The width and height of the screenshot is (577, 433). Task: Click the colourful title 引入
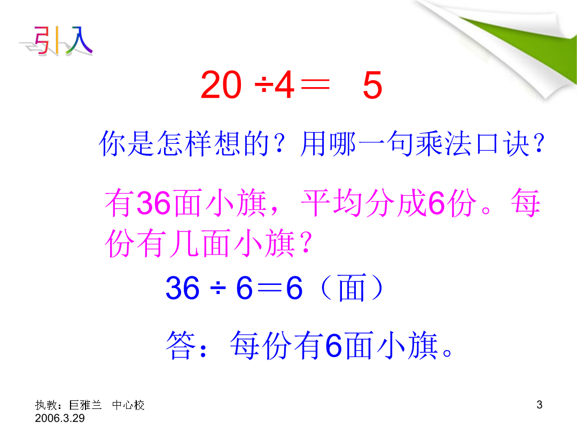59,41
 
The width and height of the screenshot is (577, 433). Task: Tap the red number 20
221,85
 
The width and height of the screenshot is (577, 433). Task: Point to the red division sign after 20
264,86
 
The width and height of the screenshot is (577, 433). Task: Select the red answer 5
372,86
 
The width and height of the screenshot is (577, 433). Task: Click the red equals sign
315,86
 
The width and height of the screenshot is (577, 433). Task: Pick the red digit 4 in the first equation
284,85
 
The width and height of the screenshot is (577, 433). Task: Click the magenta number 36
153,203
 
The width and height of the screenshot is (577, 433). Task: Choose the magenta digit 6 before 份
436,203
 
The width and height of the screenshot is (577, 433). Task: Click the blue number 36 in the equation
183,288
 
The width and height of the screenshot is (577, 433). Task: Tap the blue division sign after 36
218,288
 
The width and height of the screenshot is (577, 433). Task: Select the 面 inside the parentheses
352,288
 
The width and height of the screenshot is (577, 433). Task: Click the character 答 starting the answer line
181,345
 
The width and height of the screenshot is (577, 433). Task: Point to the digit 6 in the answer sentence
334,345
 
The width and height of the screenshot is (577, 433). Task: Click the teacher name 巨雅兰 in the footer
85,405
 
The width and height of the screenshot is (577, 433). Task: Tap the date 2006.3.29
60,418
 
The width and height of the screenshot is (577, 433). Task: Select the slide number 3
540,405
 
